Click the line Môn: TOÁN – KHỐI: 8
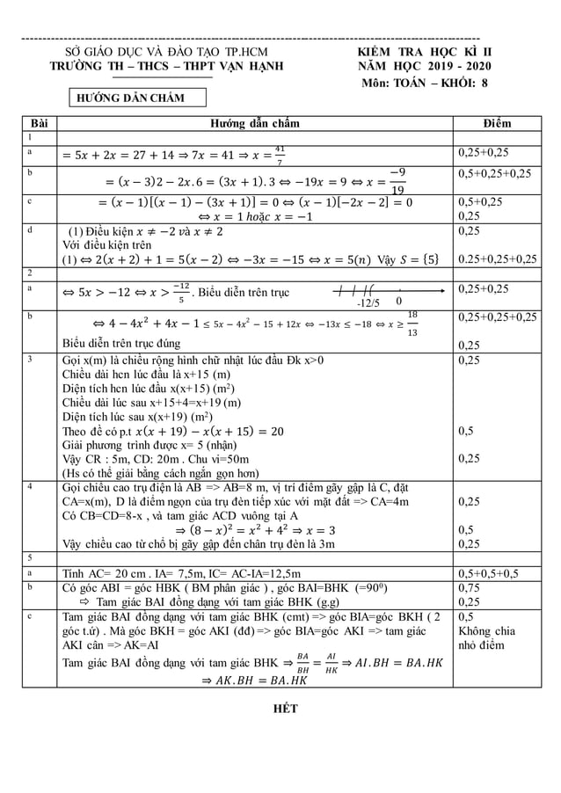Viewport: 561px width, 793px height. tap(425, 84)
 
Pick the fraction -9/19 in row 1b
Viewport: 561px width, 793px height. tap(397, 179)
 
